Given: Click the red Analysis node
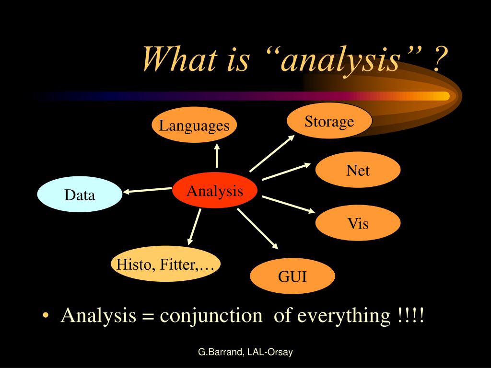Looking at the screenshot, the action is [215, 191].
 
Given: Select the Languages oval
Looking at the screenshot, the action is [194, 126].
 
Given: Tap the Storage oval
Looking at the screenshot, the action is [329, 121].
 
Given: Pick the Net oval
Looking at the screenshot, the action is [358, 170].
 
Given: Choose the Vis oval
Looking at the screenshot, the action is [358, 223].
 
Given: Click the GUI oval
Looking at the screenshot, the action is [292, 276].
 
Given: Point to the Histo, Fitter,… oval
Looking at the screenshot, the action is [165, 264].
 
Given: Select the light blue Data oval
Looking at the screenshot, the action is [80, 195].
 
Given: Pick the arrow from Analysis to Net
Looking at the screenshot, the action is [286, 172].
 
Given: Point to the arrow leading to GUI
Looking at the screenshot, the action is [257, 229].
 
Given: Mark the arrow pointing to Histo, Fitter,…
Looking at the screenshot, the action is [194, 226].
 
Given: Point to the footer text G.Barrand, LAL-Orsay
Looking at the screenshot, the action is [245, 353].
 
